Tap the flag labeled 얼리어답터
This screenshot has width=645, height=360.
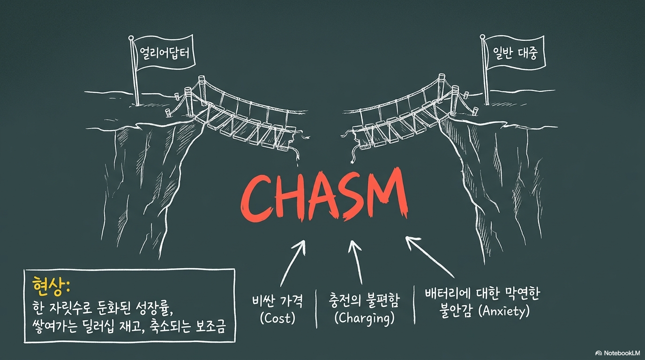pos(165,53)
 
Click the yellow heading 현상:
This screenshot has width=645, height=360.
pos(51,286)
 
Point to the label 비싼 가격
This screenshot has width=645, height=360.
pos(277,302)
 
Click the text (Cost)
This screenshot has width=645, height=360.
pos(277,318)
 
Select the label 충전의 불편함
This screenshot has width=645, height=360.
pos(364,301)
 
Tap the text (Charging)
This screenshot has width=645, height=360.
pos(364,319)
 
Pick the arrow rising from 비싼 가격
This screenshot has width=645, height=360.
pos(292,263)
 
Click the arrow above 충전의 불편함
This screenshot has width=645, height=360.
pos(356,262)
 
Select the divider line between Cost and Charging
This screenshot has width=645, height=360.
pos(316,308)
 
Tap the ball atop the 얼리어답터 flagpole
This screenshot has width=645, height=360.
pos(131,37)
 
